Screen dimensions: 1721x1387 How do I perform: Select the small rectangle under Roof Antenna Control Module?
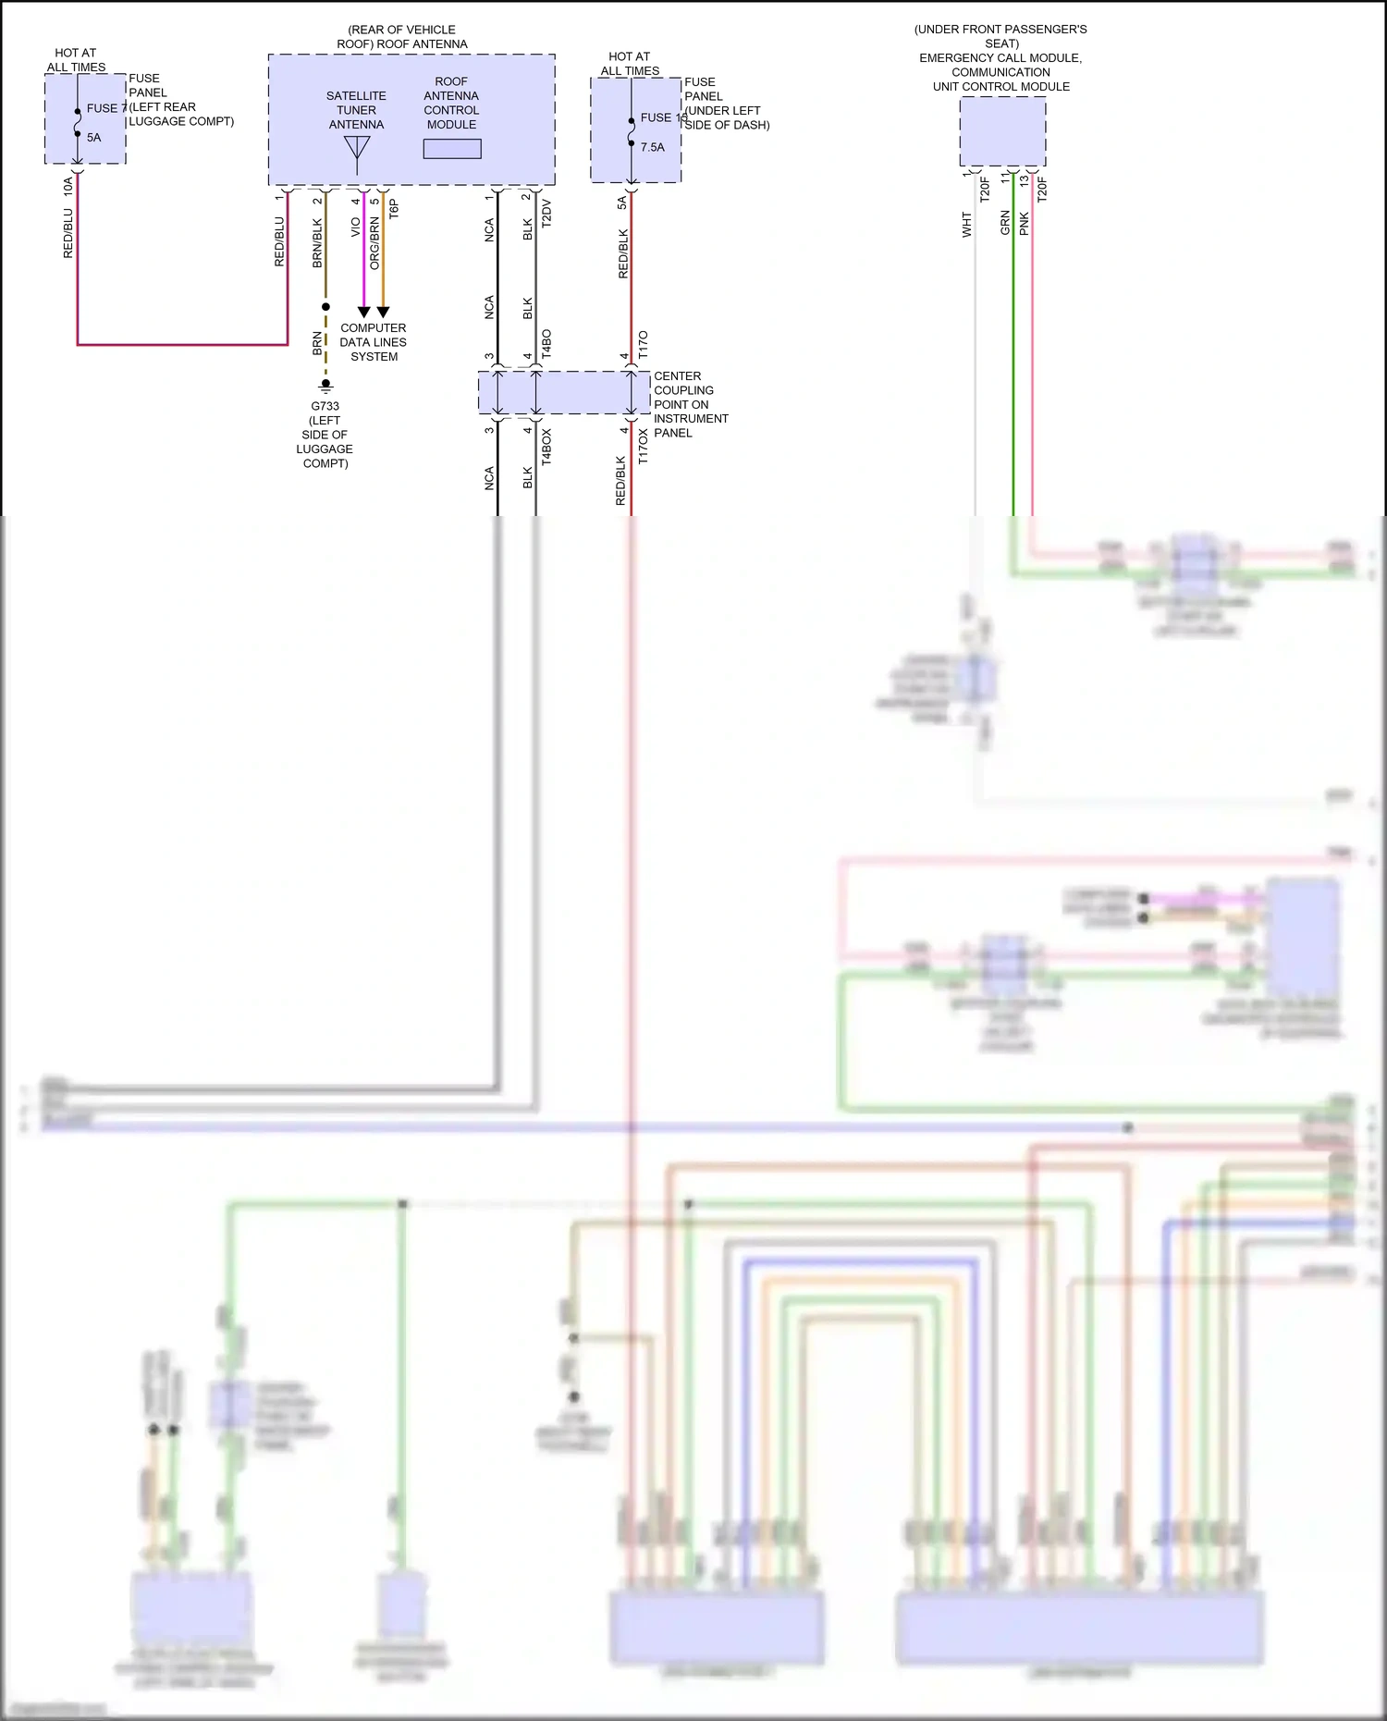coord(452,149)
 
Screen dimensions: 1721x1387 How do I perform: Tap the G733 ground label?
coord(325,406)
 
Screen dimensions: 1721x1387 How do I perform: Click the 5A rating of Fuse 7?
coord(93,138)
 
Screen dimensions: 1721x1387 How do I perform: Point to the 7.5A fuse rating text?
coord(652,147)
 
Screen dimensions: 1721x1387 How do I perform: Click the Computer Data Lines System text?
coord(374,342)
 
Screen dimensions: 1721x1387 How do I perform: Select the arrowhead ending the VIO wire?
coord(363,313)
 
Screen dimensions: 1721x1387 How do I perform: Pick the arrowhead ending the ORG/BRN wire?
coord(383,313)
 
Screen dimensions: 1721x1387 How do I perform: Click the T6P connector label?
coord(394,209)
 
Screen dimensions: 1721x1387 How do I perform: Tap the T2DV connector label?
coord(546,213)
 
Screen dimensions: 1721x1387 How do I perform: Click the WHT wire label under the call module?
coord(967,225)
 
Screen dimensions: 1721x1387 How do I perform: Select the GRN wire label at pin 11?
coord(1005,223)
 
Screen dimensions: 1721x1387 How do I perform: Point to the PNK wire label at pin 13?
coord(1025,224)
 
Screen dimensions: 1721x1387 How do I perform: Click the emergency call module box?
coord(1002,131)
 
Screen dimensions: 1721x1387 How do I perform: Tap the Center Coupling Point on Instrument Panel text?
coord(690,404)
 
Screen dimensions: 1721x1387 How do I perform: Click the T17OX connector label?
coord(644,446)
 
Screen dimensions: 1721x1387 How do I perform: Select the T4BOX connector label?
coord(546,446)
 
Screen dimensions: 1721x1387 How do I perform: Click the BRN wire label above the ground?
coord(317,343)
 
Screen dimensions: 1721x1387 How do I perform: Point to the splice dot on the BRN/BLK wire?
coord(325,306)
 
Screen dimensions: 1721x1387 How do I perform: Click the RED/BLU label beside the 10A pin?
coord(68,233)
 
